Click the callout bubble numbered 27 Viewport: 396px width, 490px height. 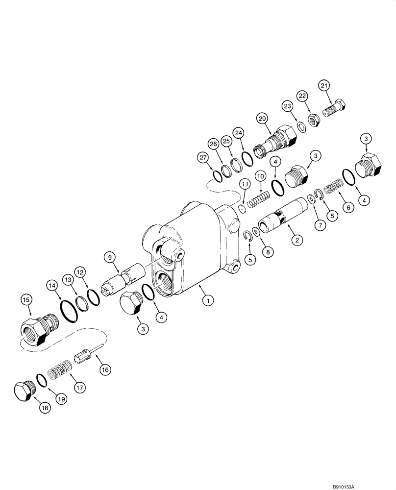[202, 158]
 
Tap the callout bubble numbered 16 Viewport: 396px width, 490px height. [105, 369]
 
